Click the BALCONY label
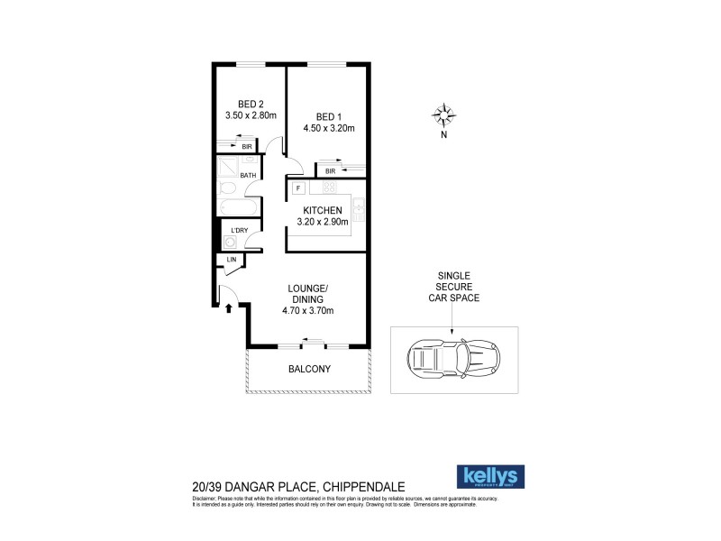click(309, 369)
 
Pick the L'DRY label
click(239, 230)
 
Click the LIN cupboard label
click(232, 260)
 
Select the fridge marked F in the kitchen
click(297, 188)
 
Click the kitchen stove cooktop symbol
click(329, 188)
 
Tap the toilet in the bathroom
click(227, 188)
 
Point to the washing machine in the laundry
click(229, 242)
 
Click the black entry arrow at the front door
click(229, 308)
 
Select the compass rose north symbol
click(443, 115)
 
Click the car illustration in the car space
click(453, 360)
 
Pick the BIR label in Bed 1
click(331, 170)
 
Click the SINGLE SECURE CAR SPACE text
click(453, 286)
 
